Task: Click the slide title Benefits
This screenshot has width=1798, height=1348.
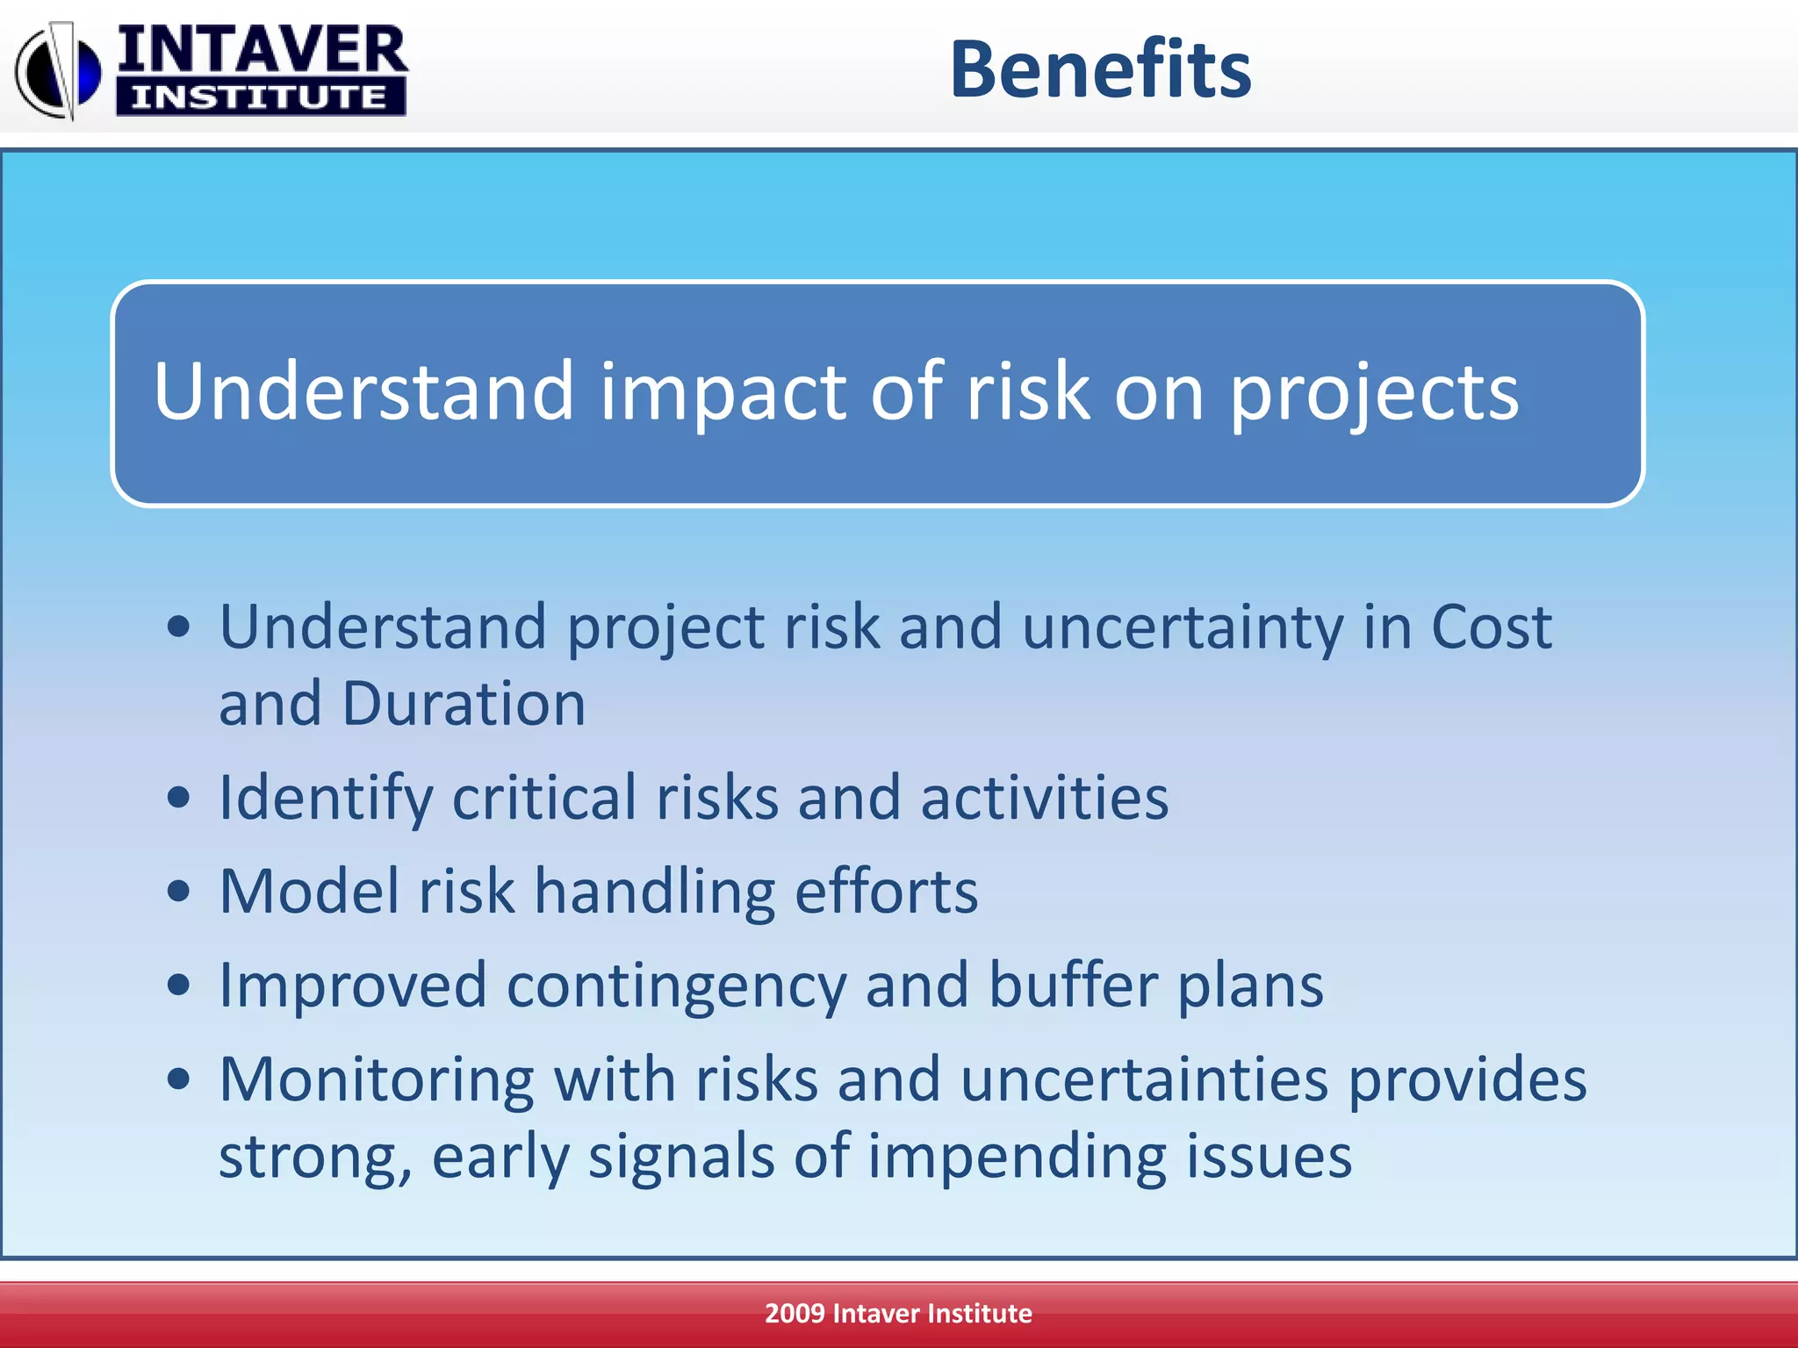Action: pyautogui.click(x=1100, y=69)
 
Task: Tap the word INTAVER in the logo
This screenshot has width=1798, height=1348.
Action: pyautogui.click(x=262, y=50)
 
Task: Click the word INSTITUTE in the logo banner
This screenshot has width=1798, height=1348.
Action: pyautogui.click(x=260, y=97)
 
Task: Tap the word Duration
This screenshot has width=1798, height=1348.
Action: pyautogui.click(x=463, y=704)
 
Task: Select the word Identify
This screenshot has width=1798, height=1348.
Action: pyautogui.click(x=326, y=798)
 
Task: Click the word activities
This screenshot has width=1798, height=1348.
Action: pyautogui.click(x=1044, y=798)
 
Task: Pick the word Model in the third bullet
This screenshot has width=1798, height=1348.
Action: pyautogui.click(x=309, y=892)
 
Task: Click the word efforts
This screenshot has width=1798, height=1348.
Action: pyautogui.click(x=886, y=892)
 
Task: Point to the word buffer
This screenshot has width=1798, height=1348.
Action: pyautogui.click(x=1073, y=985)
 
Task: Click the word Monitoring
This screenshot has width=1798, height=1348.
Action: pyautogui.click(x=377, y=1080)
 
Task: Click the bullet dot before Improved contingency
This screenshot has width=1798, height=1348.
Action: pyautogui.click(x=178, y=985)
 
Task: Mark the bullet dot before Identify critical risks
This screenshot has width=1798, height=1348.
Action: pyautogui.click(x=178, y=798)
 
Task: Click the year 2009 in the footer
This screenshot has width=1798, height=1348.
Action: pyautogui.click(x=795, y=1314)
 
